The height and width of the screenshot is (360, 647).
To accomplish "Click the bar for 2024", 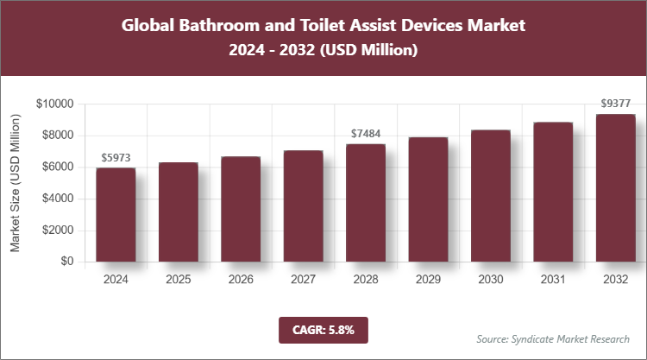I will [x=116, y=215].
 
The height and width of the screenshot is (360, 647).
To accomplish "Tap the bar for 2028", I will [x=366, y=203].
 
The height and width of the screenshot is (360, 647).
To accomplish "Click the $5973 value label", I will [x=116, y=158].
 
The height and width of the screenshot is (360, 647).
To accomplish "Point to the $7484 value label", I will [x=366, y=134].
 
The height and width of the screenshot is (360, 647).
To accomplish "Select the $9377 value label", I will [x=616, y=104].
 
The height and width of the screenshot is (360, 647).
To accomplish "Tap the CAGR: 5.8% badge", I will [x=323, y=329].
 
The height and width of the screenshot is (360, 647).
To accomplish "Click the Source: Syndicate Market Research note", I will [x=553, y=338].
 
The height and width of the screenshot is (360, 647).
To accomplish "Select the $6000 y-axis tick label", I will [x=58, y=167].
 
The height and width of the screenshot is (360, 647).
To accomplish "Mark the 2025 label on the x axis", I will [x=178, y=280].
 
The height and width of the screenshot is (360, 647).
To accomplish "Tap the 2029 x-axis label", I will [x=428, y=280].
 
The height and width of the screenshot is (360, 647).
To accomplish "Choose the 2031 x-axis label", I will [x=553, y=280].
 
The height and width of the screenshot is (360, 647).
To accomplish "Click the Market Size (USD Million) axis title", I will [x=16, y=183].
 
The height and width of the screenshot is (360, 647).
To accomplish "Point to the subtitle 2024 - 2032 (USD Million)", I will [x=323, y=51].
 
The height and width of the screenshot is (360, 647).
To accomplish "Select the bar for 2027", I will [x=303, y=206].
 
